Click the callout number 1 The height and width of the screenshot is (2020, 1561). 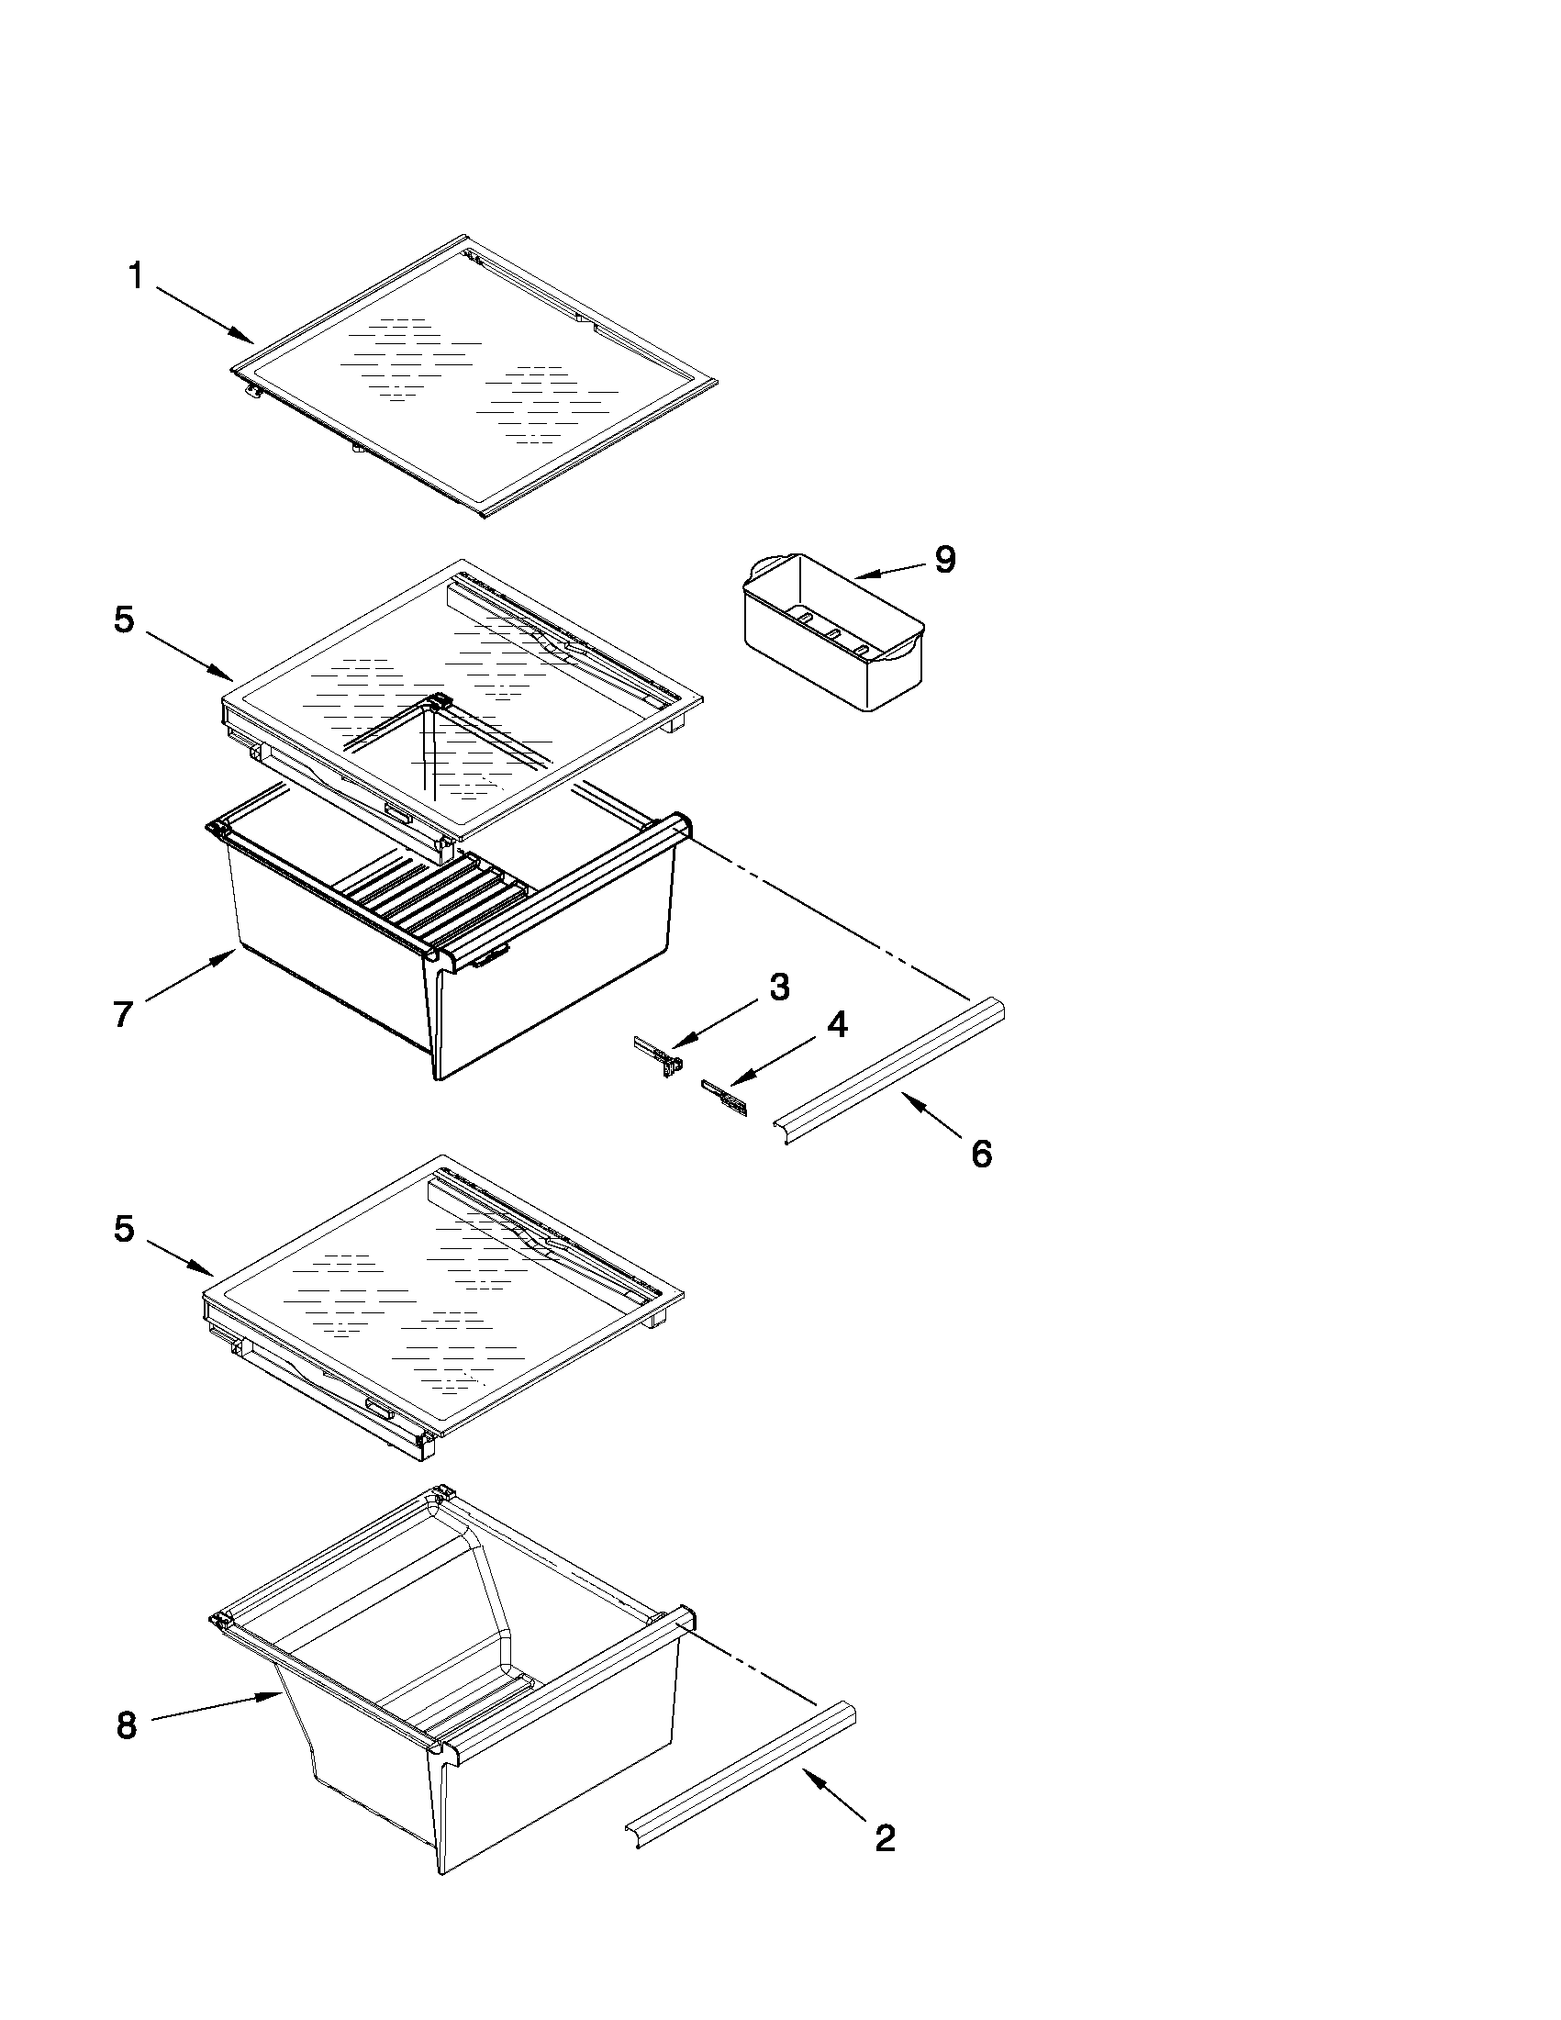click(x=136, y=275)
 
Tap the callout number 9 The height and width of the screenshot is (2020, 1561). click(x=944, y=560)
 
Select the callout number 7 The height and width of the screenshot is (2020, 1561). click(x=124, y=1015)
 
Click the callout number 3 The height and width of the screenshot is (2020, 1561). click(x=779, y=987)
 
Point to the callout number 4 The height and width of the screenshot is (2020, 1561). click(x=836, y=1025)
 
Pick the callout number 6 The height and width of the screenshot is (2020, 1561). click(x=981, y=1154)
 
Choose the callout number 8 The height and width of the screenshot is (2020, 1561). click(x=127, y=1725)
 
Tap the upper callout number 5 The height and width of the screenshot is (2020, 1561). click(x=125, y=619)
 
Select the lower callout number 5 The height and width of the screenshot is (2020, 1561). click(x=125, y=1228)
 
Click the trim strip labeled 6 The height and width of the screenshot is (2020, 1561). click(x=887, y=1070)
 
